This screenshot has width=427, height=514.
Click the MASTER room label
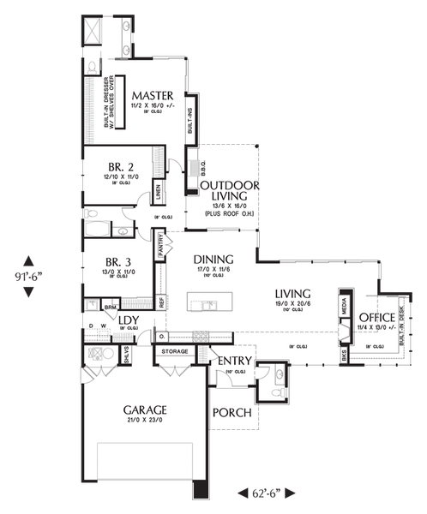click(153, 95)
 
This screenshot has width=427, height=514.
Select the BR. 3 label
click(119, 263)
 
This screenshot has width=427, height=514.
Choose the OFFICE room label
click(377, 316)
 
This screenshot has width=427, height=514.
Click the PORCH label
click(232, 412)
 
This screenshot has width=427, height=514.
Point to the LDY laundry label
click(129, 321)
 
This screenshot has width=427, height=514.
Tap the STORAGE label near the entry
click(174, 350)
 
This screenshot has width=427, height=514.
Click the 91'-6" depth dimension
click(27, 276)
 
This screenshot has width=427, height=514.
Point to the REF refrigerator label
click(160, 302)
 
